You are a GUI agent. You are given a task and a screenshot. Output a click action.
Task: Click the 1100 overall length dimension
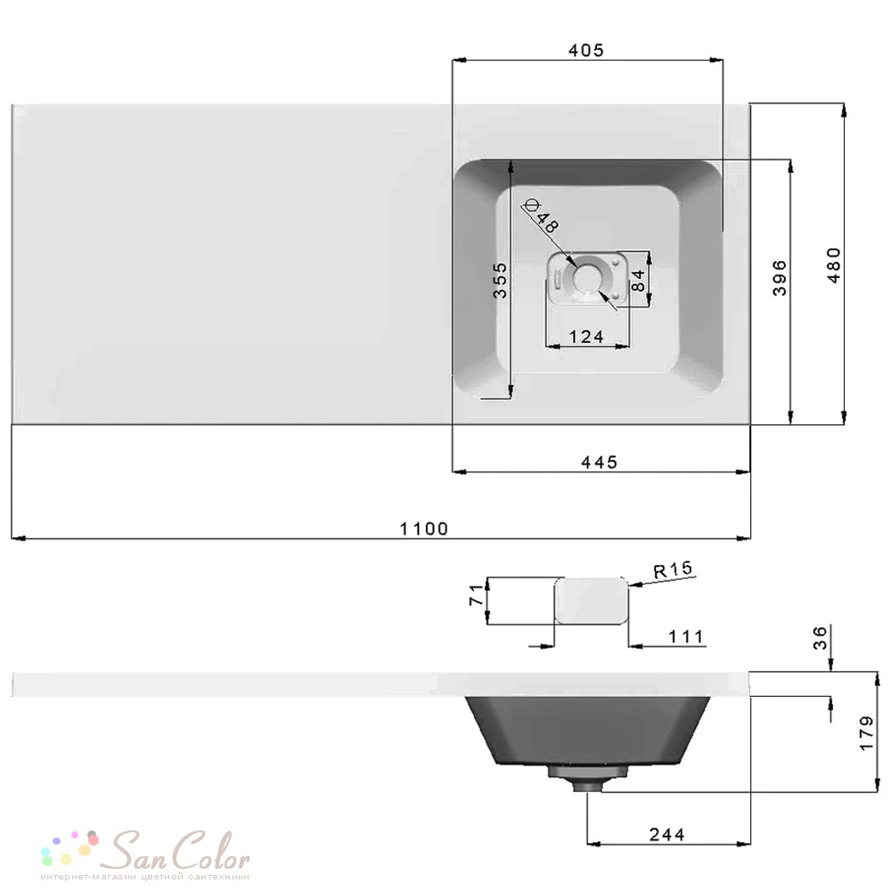point(424,528)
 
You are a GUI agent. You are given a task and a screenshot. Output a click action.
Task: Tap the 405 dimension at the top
point(586,50)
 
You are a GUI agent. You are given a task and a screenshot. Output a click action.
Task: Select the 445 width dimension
point(599,462)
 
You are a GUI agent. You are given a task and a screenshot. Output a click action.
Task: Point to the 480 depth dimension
point(834,265)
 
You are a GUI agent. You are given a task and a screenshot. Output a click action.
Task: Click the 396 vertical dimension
point(780,278)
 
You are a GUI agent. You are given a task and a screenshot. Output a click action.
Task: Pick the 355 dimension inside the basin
point(500,280)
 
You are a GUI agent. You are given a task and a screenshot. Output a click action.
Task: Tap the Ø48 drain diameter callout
point(542,216)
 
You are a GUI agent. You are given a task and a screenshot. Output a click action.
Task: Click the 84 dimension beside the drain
point(638,281)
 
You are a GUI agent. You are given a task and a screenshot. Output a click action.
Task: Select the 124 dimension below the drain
point(586,337)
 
